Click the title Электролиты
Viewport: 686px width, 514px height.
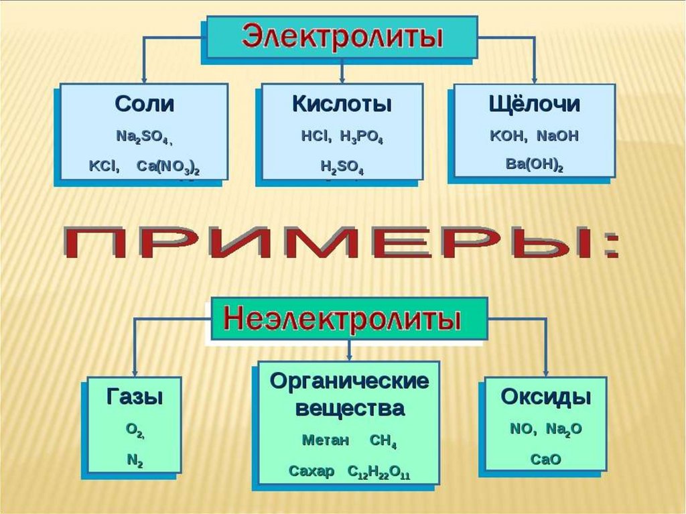(x=342, y=36)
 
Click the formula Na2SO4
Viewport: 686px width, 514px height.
(x=143, y=137)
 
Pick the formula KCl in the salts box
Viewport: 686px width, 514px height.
(x=104, y=166)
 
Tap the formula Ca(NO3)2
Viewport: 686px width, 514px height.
(x=167, y=166)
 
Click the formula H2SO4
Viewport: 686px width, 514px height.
(x=342, y=166)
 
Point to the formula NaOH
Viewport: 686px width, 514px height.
(x=558, y=136)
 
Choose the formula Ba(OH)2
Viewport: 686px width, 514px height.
(x=535, y=164)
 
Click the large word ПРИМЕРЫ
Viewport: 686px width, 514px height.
(x=342, y=245)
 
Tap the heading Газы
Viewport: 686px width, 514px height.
(x=135, y=397)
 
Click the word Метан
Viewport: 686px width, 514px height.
(x=326, y=441)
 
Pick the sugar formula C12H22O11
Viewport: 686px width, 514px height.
(x=379, y=472)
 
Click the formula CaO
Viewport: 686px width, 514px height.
(x=545, y=459)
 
